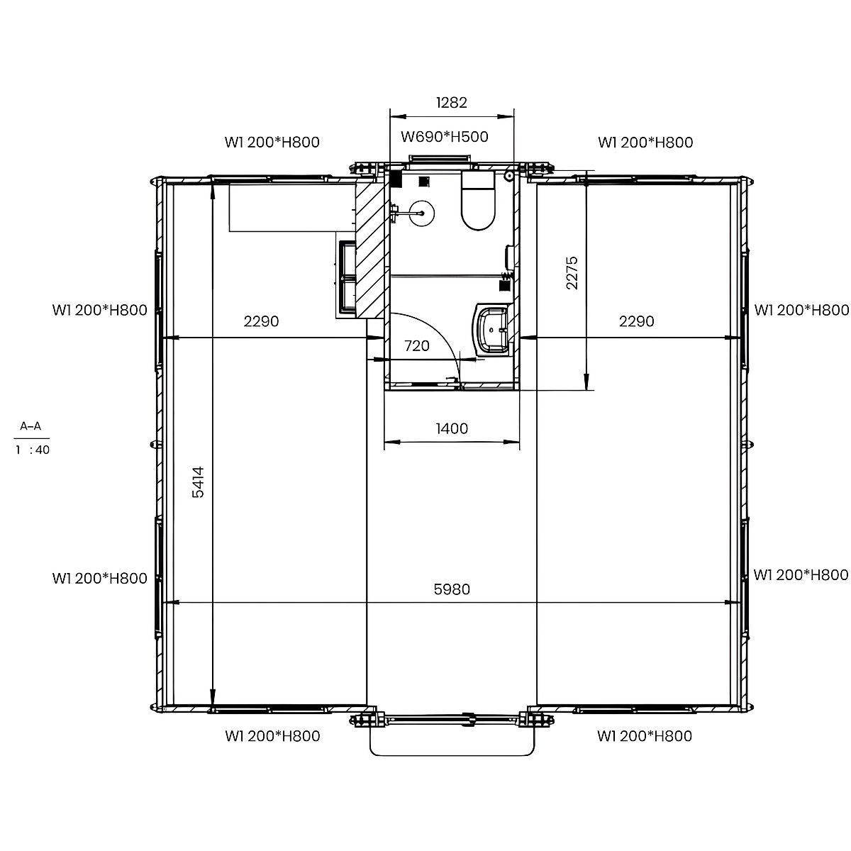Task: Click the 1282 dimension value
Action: tap(451, 102)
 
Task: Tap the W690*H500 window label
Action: tap(444, 137)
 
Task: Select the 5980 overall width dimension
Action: tap(451, 589)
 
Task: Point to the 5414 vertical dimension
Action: tap(199, 482)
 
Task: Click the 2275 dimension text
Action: tap(572, 272)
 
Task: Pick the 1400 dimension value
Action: tap(451, 428)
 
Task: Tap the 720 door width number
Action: tap(417, 345)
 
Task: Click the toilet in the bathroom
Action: tap(478, 201)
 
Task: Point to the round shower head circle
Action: tap(422, 213)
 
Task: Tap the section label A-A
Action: tap(30, 425)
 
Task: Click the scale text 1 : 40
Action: tap(32, 450)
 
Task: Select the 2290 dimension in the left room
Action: tap(261, 321)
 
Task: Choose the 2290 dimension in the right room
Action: tap(636, 321)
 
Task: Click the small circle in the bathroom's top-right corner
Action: tap(509, 176)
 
